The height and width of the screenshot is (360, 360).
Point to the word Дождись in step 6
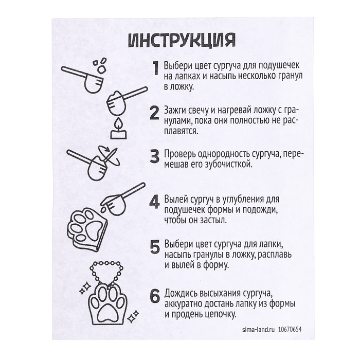pyautogui.click(x=182, y=293)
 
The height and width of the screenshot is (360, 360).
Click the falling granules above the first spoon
pyautogui.click(x=99, y=65)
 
